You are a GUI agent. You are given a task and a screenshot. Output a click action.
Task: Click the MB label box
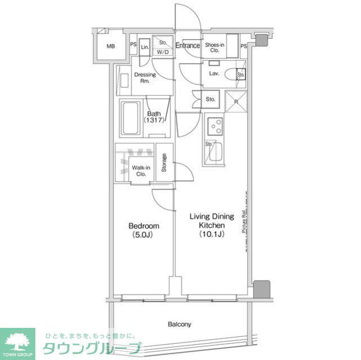click(111, 46)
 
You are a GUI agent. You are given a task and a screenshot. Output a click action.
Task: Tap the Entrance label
click(187, 46)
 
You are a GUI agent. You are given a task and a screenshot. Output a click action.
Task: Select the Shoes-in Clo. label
click(214, 47)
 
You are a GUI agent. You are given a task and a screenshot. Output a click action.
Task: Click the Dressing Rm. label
click(144, 78)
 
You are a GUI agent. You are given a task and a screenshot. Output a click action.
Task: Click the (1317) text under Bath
click(154, 121)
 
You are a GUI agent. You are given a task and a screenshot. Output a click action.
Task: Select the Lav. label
click(214, 74)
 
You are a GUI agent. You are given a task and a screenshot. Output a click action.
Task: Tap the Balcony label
click(179, 324)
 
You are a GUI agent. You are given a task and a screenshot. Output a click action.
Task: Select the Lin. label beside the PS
click(144, 47)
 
